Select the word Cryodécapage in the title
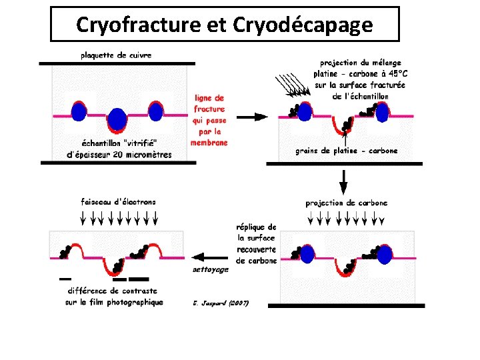(303, 25)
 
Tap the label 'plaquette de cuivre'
(117, 55)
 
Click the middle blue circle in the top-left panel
(117, 119)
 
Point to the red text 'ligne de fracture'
(209, 103)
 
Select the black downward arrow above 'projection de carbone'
(343, 180)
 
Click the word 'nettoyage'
(210, 269)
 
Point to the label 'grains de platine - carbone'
(346, 151)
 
